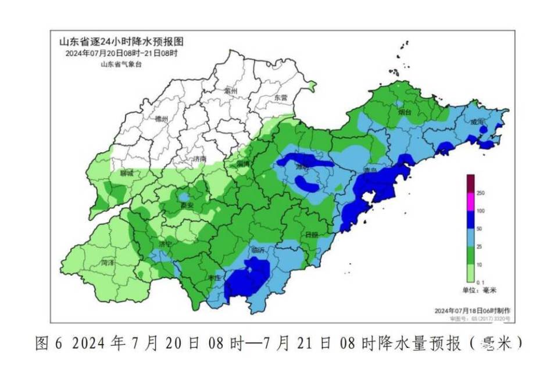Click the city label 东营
281,98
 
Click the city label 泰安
185,205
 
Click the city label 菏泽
107,263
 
